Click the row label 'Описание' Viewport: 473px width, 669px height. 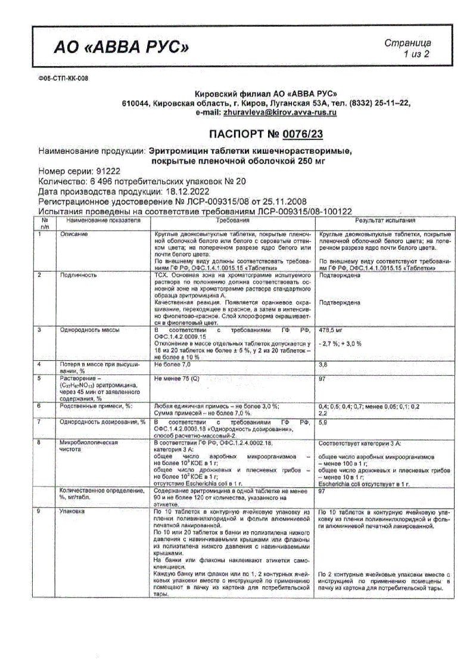(x=74, y=234)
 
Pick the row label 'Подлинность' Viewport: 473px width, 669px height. (x=77, y=275)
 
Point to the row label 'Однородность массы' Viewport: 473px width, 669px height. (x=89, y=329)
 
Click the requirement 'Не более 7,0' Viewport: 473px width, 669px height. (x=173, y=363)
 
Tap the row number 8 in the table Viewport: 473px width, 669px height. (x=39, y=442)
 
